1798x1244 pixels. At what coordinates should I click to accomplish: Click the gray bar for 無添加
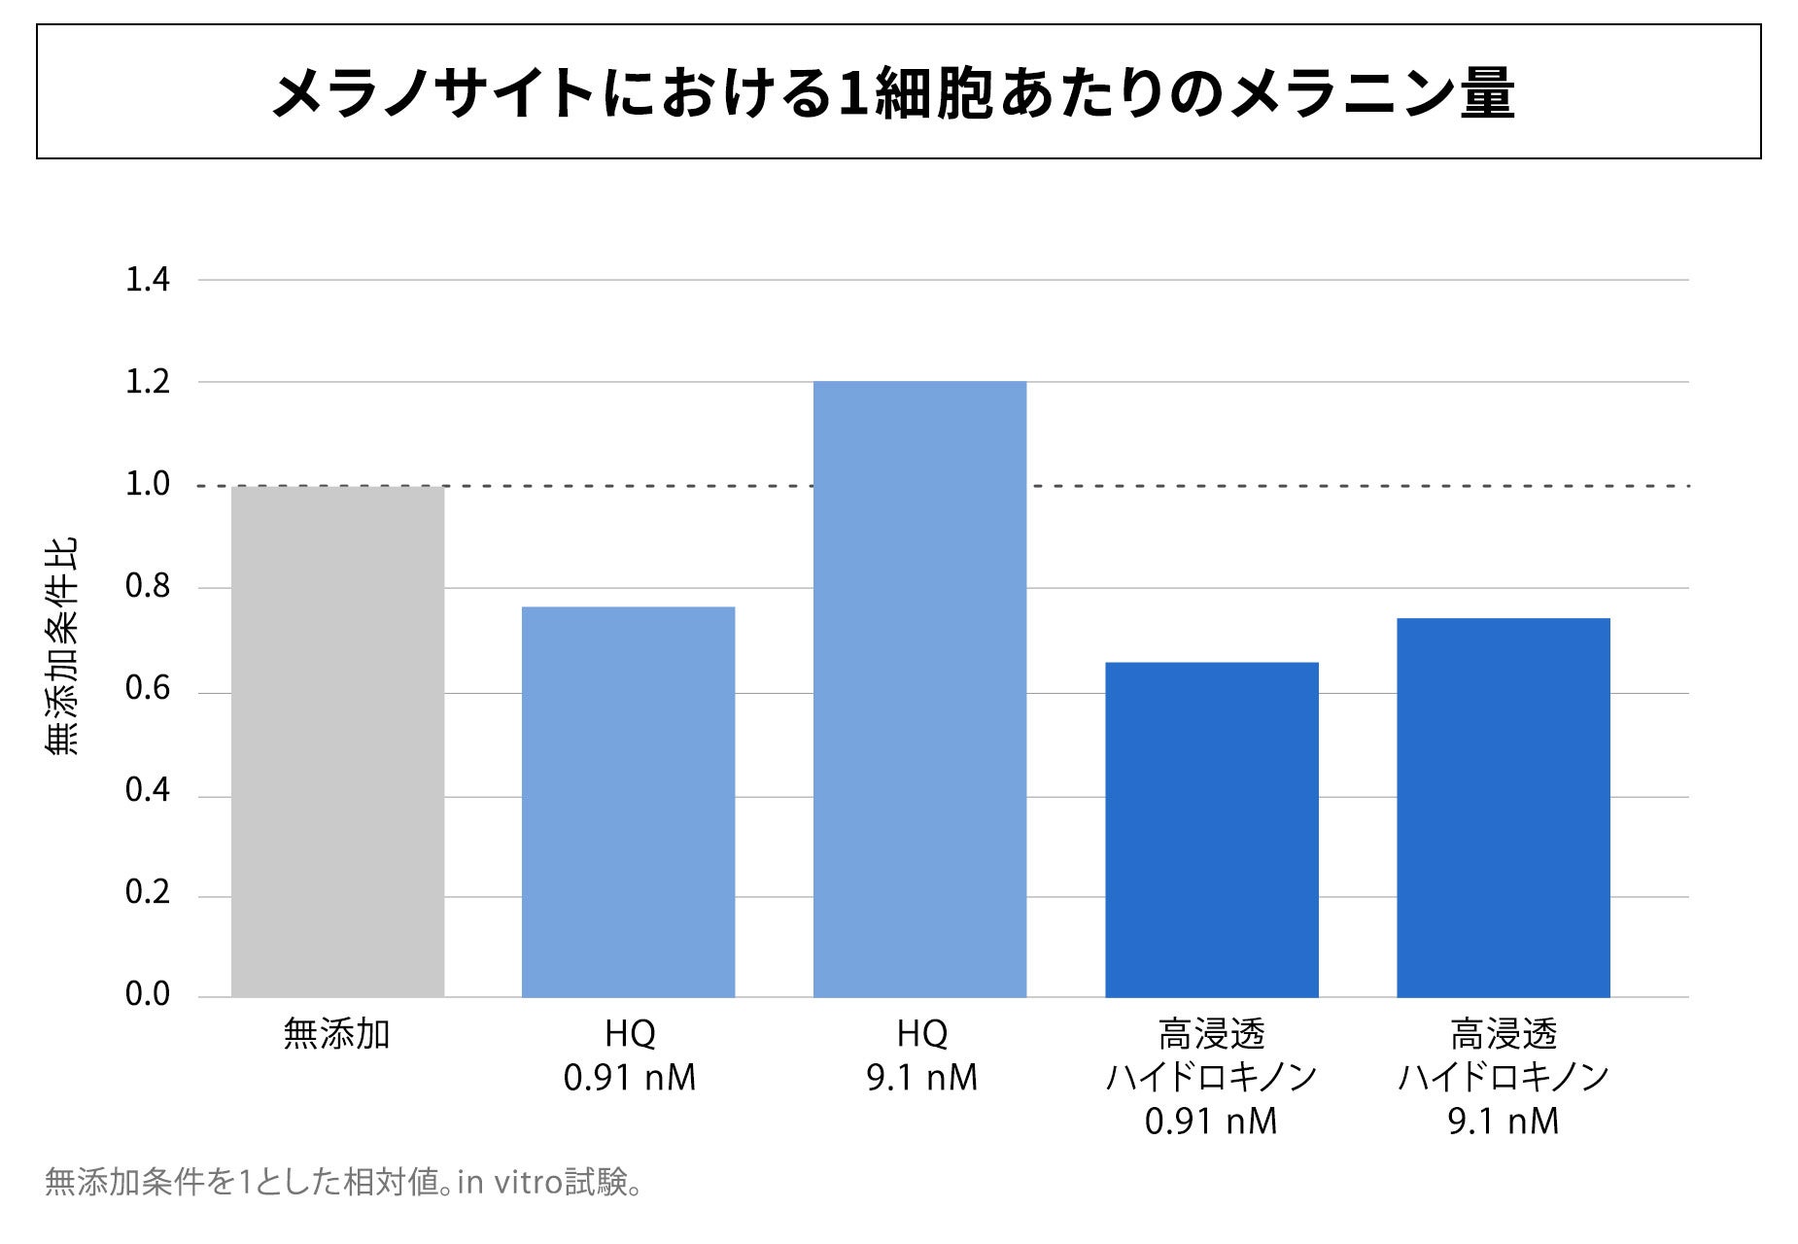(337, 742)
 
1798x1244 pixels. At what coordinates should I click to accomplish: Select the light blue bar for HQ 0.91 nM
(628, 802)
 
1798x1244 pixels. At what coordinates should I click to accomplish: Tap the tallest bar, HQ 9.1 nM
(919, 689)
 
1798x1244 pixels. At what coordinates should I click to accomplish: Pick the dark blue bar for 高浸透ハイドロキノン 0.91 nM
(1212, 830)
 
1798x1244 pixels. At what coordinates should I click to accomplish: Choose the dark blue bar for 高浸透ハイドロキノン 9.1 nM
(1504, 808)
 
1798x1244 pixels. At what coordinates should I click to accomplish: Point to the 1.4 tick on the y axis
(148, 280)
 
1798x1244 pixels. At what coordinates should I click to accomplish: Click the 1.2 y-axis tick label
(148, 382)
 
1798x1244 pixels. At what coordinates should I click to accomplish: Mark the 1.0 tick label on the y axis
(148, 484)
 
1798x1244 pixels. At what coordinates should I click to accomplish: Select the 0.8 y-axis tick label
(148, 586)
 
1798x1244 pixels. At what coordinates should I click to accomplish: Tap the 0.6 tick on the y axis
(148, 688)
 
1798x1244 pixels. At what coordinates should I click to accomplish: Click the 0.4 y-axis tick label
(148, 790)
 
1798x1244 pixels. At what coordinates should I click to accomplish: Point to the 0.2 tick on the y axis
(148, 892)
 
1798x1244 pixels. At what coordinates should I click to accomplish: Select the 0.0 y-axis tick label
(148, 994)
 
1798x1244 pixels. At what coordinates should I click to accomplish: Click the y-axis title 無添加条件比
(61, 646)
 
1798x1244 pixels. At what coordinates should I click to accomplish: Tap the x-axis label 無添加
(336, 1034)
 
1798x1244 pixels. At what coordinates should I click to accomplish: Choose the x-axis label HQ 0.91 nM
(630, 1055)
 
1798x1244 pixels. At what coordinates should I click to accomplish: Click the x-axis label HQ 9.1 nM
(921, 1055)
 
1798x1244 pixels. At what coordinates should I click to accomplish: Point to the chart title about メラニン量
(893, 93)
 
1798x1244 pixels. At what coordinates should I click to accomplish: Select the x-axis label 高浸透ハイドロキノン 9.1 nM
(1504, 1078)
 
